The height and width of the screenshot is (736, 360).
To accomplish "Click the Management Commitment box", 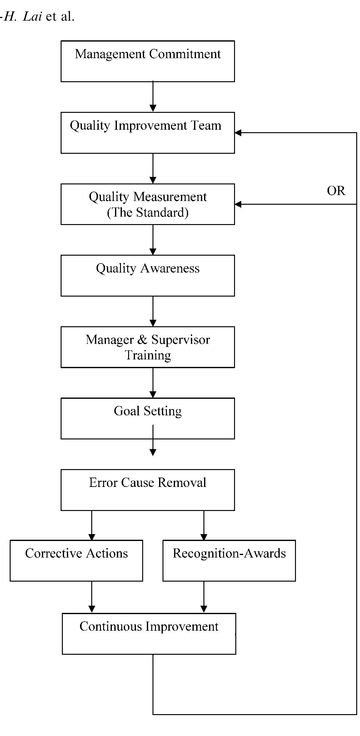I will (x=147, y=61).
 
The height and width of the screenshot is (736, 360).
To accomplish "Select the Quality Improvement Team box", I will (x=147, y=133).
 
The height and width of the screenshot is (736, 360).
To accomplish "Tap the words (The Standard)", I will (x=147, y=213).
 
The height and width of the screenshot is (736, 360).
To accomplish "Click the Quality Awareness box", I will (x=147, y=276).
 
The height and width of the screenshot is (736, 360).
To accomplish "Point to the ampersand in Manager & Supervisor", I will (x=142, y=340).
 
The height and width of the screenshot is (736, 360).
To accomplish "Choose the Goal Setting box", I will (x=147, y=418).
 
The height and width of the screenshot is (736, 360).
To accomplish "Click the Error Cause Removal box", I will (x=147, y=490).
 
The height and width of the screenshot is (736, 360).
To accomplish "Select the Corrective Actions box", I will (x=76, y=561).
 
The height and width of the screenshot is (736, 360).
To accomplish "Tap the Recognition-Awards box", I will (x=229, y=561).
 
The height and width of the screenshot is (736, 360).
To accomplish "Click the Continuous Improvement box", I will (x=149, y=633).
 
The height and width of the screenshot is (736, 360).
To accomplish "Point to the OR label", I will (x=336, y=191).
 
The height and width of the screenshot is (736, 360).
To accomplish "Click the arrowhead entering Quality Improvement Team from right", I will (x=238, y=133).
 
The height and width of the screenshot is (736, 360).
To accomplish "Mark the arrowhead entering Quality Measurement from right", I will (x=238, y=204).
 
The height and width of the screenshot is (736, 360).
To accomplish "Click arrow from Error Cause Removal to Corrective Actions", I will (x=92, y=525).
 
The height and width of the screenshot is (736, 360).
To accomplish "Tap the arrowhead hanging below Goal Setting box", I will (x=153, y=452).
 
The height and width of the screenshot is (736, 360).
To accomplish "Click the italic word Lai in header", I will (x=32, y=17).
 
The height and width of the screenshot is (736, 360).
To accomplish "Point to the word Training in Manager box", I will (x=148, y=355).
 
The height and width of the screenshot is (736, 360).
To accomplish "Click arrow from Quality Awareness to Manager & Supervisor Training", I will (x=153, y=311).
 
